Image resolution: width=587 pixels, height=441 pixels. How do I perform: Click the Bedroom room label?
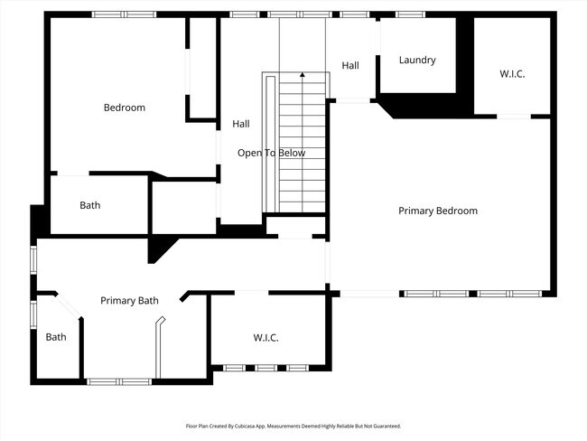[124, 108]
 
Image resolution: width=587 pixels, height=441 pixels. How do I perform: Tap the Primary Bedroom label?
[438, 211]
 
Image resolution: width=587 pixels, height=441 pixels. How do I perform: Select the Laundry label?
[417, 61]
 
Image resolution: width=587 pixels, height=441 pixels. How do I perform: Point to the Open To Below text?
[271, 153]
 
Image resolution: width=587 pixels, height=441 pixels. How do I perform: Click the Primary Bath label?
[129, 301]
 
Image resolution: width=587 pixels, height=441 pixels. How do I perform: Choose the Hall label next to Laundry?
[350, 65]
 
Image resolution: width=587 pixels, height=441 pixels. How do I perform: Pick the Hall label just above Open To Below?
[240, 124]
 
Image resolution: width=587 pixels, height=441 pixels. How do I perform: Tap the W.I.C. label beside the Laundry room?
[512, 74]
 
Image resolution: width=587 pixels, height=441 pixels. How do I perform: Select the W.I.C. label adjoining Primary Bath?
[266, 337]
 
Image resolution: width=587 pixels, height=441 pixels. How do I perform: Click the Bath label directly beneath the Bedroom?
[90, 205]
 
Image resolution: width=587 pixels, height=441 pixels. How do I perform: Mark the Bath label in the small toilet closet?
[56, 337]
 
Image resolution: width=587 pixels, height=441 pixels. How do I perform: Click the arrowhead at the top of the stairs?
[302, 76]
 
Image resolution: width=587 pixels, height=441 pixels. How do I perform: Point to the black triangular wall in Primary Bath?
[161, 248]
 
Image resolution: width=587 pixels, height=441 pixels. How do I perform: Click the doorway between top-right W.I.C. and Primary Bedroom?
[514, 116]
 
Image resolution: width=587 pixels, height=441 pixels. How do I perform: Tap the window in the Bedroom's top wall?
[124, 14]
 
